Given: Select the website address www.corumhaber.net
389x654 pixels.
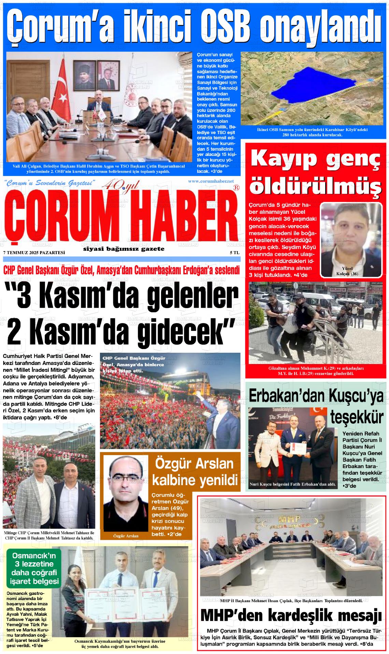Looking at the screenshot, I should (211, 181).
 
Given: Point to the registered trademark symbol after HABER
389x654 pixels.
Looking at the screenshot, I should (236, 187).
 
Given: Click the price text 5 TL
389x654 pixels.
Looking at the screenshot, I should (234, 252).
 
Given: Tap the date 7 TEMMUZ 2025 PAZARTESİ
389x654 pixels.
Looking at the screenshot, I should (34, 252).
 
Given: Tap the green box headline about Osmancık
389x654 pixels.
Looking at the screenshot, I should (33, 568).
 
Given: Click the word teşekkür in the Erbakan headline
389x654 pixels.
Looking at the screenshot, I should (357, 418).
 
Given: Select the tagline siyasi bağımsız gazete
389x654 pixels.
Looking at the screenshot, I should (124, 249).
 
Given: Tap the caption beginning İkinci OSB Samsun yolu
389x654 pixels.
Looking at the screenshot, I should (312, 132).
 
